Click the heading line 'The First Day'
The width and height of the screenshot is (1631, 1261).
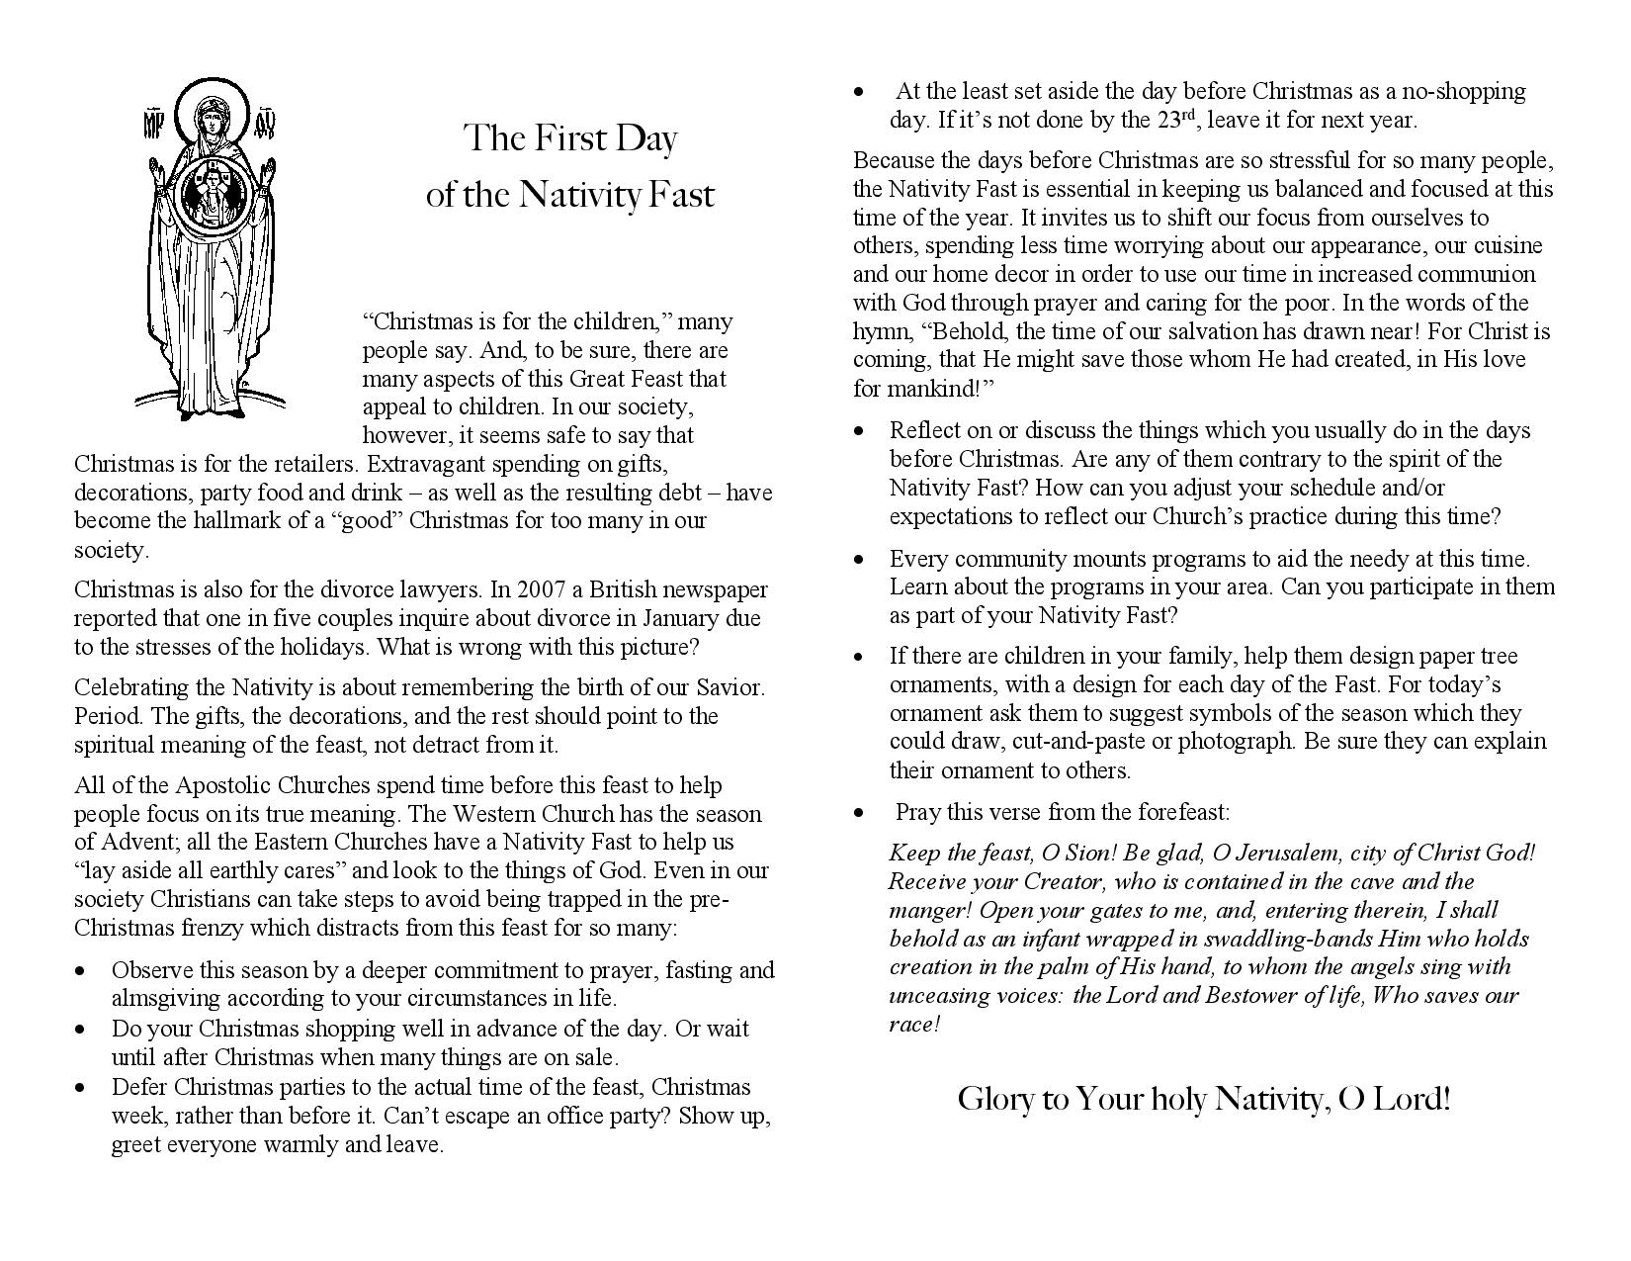[x=570, y=138]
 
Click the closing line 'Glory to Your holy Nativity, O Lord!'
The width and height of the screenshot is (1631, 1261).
[x=1204, y=1098]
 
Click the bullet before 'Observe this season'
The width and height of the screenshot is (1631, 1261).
[x=80, y=971]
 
